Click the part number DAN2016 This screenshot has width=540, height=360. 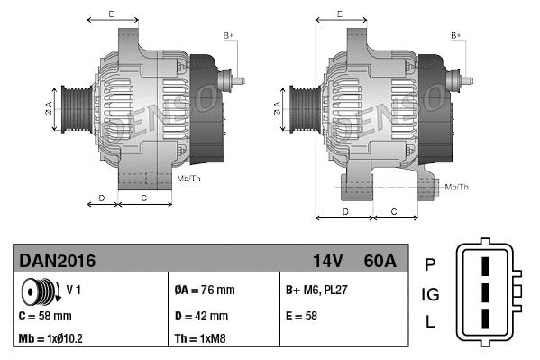point(57,261)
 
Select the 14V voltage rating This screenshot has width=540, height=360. point(328,261)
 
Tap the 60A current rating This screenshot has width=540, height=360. point(379,261)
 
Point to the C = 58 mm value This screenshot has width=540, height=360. point(45,317)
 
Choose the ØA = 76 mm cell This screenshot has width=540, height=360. point(204,291)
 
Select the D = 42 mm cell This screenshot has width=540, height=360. point(201,317)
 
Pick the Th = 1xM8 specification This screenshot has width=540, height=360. point(199,339)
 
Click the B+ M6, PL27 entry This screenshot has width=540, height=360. point(317,291)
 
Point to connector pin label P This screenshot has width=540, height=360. point(430,264)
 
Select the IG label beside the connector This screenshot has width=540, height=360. point(430,294)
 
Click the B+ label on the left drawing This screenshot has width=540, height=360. point(228,35)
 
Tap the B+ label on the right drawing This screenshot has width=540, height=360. point(456,35)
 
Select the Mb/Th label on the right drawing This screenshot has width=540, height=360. point(457,187)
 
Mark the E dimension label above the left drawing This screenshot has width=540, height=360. point(111,14)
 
